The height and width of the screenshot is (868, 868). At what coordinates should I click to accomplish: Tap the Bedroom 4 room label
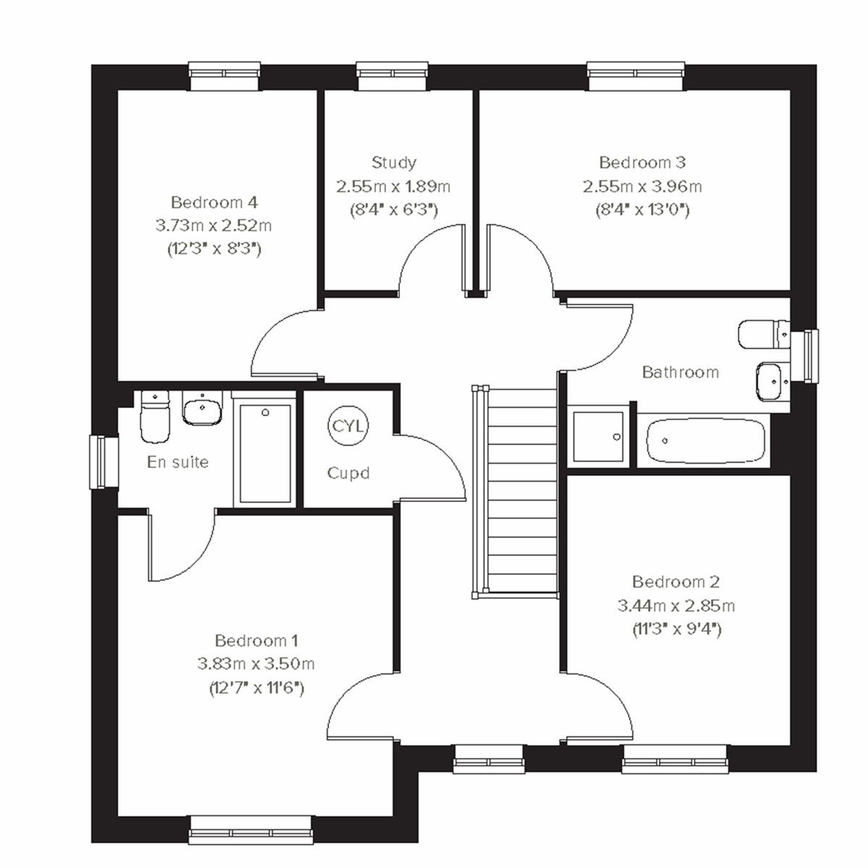click(x=214, y=202)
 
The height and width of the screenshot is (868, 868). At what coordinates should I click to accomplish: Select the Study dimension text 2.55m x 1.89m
click(x=393, y=187)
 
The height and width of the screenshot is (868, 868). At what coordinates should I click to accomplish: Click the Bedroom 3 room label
click(x=642, y=163)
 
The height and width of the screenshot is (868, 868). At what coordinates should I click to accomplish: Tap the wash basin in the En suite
click(x=201, y=410)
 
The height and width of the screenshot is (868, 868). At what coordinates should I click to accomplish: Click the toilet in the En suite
click(x=154, y=417)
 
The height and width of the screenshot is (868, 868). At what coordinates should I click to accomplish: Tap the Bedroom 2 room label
click(x=676, y=582)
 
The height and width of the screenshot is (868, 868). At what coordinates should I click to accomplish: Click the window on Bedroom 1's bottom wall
click(x=252, y=830)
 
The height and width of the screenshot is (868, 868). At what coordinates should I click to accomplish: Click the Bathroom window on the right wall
click(x=806, y=355)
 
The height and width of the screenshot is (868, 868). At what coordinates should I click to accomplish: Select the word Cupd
click(x=349, y=474)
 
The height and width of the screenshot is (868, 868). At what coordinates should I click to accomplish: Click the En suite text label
click(x=178, y=461)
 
